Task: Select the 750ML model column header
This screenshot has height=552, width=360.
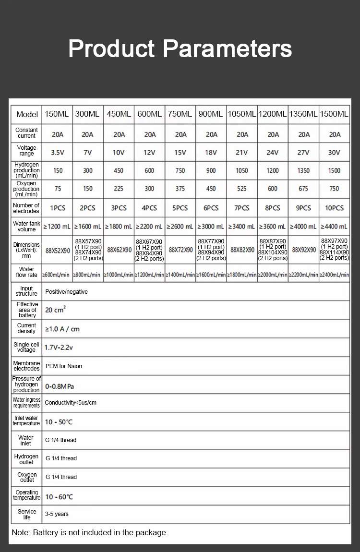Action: click(180, 114)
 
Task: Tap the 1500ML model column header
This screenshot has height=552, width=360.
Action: click(334, 114)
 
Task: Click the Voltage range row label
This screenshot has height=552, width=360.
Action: click(26, 151)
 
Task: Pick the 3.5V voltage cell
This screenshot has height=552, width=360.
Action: click(58, 153)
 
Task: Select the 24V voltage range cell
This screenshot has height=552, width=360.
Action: click(273, 153)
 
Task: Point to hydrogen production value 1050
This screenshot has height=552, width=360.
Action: click(242, 171)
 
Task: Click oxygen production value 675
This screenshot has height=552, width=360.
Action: click(303, 189)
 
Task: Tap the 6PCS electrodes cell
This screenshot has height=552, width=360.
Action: click(211, 208)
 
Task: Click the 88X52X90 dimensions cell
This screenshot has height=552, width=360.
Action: click(58, 250)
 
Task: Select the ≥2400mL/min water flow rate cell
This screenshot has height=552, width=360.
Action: click(334, 275)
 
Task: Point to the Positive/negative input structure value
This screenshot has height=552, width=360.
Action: click(66, 291)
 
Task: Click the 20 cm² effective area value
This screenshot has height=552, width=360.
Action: click(55, 310)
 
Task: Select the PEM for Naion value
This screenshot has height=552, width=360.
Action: click(63, 366)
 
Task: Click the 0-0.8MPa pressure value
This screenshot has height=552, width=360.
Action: click(60, 386)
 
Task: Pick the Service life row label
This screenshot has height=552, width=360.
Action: click(27, 514)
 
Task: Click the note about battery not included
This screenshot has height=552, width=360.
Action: click(90, 532)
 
